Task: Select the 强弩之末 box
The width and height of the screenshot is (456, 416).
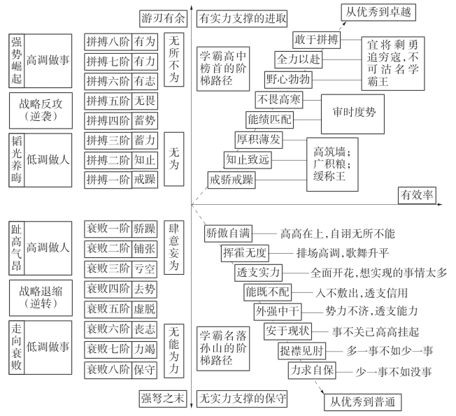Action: [162, 399]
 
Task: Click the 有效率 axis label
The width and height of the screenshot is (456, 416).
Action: [417, 193]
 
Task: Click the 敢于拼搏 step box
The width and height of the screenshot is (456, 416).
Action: [315, 40]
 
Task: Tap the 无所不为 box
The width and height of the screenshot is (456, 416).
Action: [174, 59]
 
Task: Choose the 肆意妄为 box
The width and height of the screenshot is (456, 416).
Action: [174, 247]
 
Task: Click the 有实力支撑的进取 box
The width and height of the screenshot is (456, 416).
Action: [241, 17]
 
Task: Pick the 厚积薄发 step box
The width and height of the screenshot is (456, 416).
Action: [259, 139]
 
